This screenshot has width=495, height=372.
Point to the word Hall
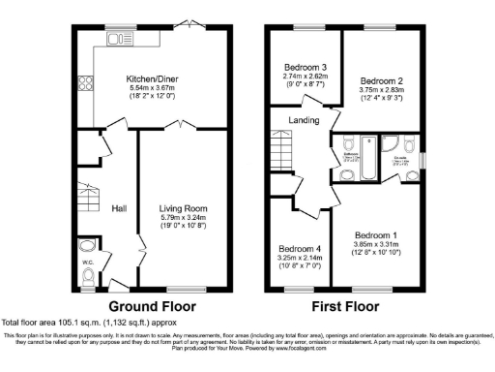point(119,208)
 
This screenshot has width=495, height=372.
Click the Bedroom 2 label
point(380,80)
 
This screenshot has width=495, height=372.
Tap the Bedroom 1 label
point(375,235)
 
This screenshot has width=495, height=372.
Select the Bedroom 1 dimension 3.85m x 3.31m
point(375,245)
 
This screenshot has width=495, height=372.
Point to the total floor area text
point(92,322)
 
